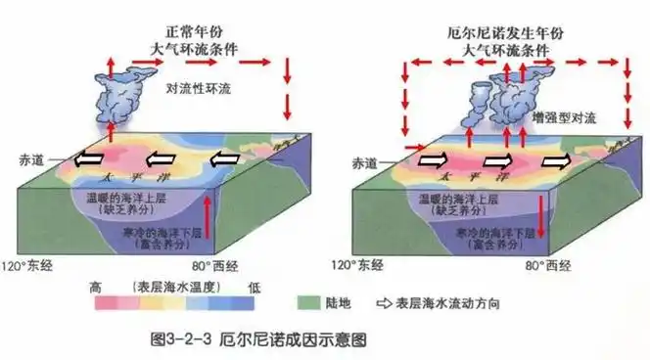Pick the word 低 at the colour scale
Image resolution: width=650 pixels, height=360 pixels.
(x=254, y=286)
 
